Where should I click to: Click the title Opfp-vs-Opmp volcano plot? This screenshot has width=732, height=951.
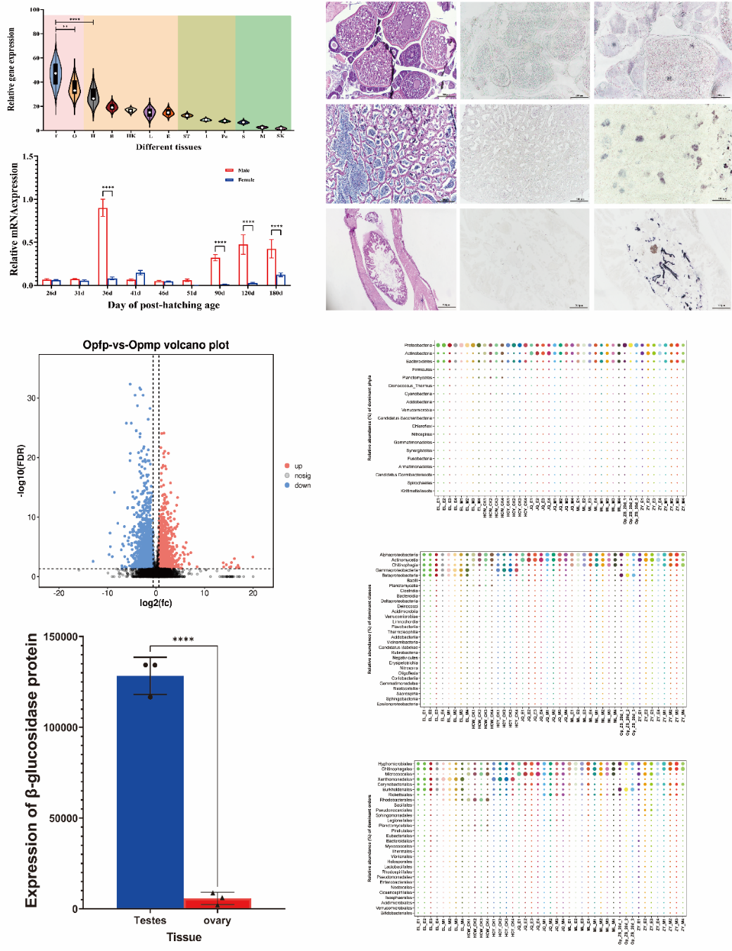click(156, 345)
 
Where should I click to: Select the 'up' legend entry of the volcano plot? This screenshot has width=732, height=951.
click(298, 466)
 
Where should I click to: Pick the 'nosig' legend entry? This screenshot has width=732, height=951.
click(302, 476)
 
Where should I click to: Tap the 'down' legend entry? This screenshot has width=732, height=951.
click(302, 486)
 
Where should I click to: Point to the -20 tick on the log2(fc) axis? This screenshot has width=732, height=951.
click(59, 593)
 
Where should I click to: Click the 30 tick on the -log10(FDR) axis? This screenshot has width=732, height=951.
click(32, 398)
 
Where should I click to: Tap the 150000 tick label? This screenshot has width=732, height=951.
click(61, 637)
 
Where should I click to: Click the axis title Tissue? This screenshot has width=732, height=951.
click(184, 937)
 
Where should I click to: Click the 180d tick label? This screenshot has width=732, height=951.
click(276, 293)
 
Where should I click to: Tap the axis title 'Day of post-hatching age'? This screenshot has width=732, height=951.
click(163, 306)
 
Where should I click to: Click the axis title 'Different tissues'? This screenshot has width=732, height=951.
click(168, 147)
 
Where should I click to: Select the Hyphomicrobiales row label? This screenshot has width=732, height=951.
click(395, 764)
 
